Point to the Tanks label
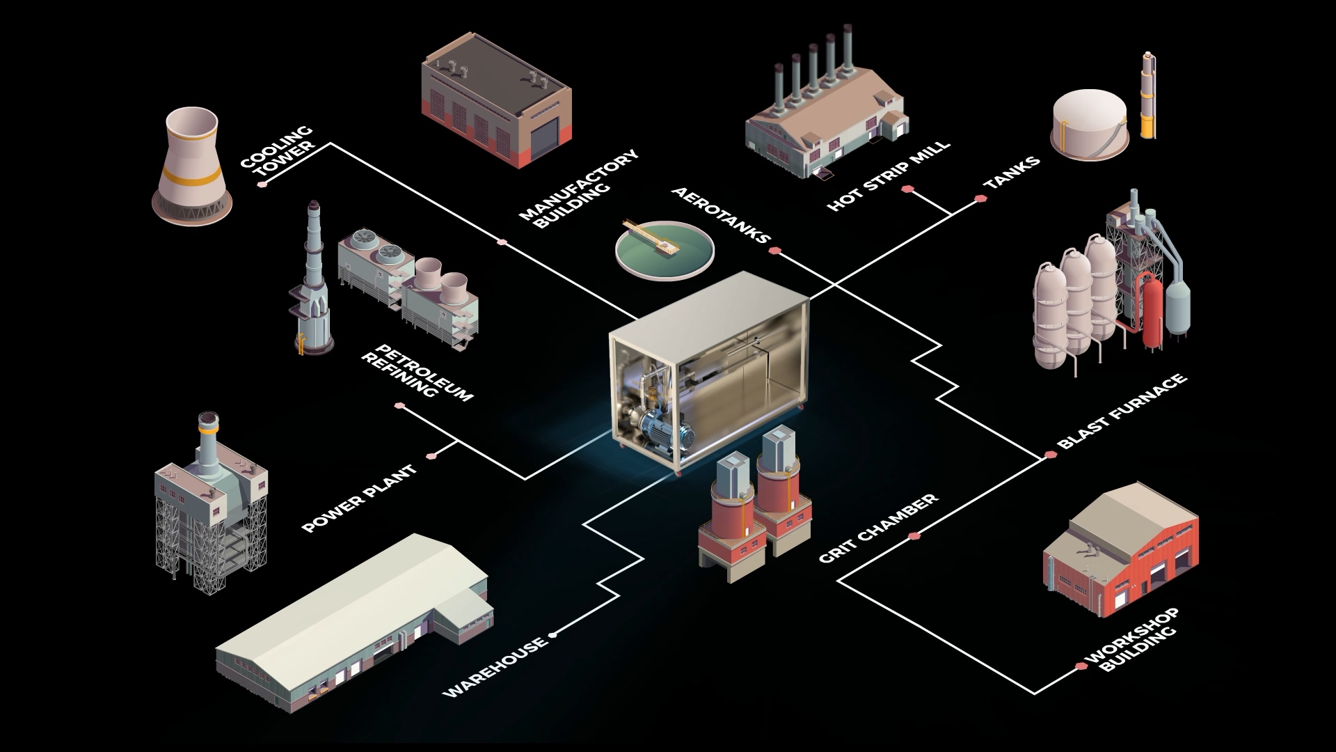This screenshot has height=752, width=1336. (x=1012, y=172)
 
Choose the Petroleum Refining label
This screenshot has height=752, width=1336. (x=417, y=373)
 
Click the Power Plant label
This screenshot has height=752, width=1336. (x=360, y=499)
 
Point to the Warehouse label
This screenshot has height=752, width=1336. (x=495, y=667)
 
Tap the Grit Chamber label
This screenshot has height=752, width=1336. (x=878, y=528)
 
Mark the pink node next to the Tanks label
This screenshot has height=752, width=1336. (x=980, y=199)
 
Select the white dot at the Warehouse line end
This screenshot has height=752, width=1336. (x=552, y=635)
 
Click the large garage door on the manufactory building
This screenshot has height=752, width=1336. (x=545, y=141)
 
